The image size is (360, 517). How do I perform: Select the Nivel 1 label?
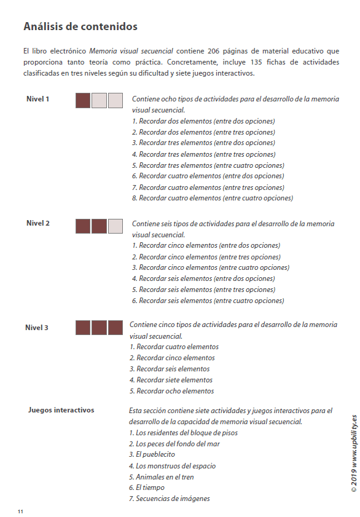(x=38, y=100)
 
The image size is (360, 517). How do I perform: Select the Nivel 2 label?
(x=38, y=224)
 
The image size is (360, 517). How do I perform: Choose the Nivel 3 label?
(x=37, y=328)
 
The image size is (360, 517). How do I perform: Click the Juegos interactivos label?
(x=61, y=410)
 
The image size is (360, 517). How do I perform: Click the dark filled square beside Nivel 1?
(x=83, y=101)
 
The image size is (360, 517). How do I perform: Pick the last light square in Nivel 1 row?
(x=115, y=101)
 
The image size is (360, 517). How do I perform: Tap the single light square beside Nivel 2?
(x=115, y=226)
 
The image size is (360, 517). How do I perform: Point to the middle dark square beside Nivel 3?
(x=99, y=328)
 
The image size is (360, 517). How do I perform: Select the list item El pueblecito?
(x=152, y=455)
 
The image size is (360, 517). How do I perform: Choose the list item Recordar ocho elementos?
(x=172, y=391)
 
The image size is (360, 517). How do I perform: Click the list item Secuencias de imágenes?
(x=169, y=499)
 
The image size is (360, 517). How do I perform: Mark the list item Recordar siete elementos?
(x=171, y=380)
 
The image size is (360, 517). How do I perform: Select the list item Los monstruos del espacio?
(x=173, y=466)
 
